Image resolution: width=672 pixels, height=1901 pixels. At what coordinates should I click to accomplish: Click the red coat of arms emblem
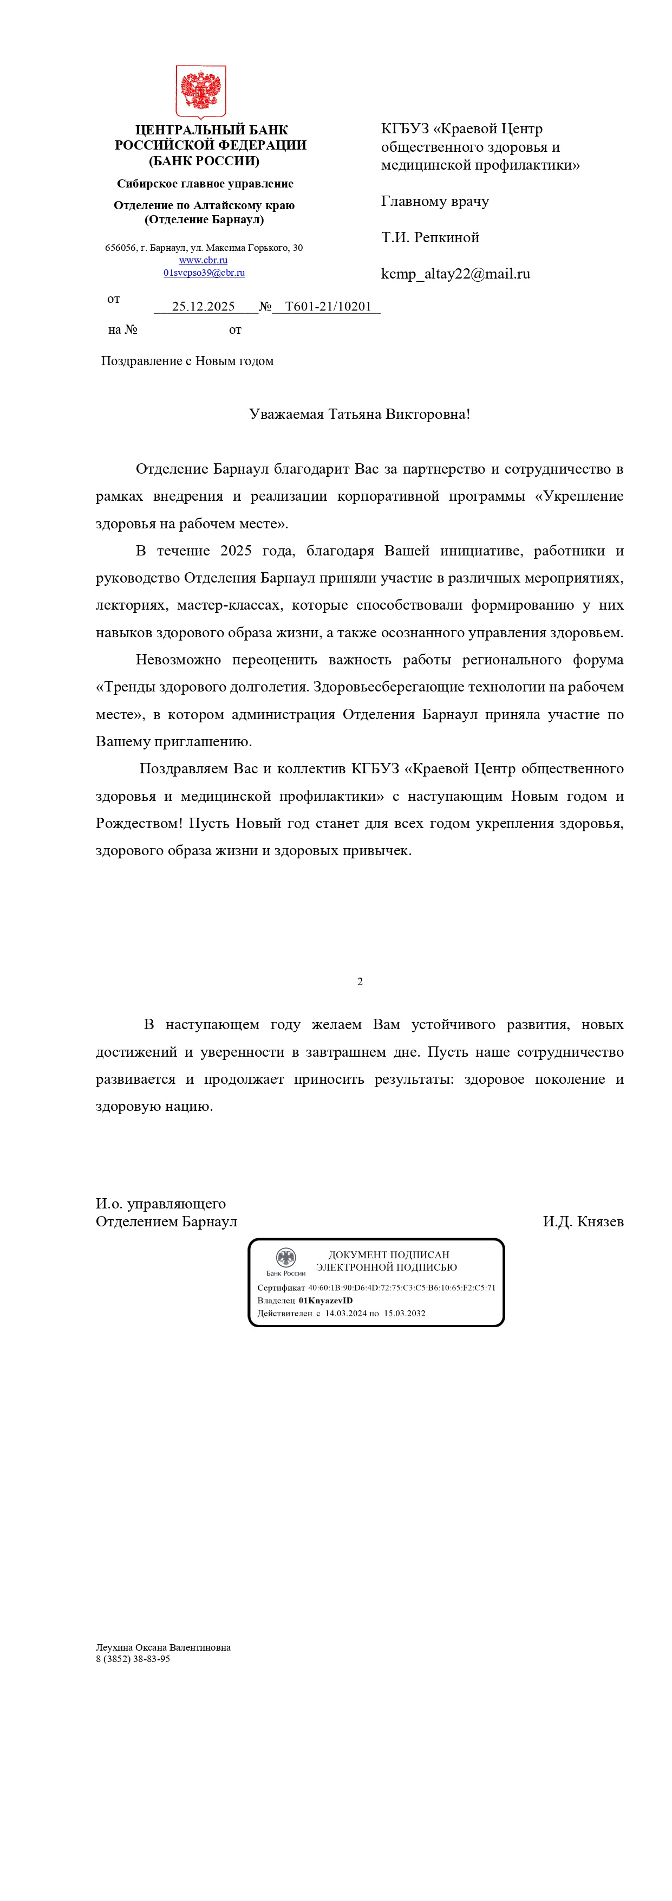click(x=201, y=92)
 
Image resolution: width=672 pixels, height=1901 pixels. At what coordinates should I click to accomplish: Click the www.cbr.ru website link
click(x=203, y=260)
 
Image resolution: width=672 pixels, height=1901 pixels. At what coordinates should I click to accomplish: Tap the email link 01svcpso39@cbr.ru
click(x=204, y=273)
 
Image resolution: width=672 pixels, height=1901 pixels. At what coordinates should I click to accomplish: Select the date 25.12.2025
click(x=203, y=306)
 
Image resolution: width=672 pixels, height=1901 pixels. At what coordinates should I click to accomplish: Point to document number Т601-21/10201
click(x=328, y=306)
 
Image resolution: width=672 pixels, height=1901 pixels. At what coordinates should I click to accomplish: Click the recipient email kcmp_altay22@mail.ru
click(x=455, y=274)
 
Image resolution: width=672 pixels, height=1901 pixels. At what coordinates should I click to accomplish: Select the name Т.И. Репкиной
click(x=430, y=237)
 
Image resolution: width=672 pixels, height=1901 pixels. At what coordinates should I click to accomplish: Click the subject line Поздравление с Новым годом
click(x=187, y=361)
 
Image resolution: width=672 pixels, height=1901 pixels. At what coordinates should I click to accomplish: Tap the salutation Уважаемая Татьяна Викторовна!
click(x=359, y=414)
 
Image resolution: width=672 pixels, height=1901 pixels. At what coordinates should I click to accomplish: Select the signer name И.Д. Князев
click(x=583, y=1221)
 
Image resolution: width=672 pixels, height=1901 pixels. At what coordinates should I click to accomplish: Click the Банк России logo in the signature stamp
click(x=285, y=1261)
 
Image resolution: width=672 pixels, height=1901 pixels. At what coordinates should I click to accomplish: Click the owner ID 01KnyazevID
click(x=325, y=1300)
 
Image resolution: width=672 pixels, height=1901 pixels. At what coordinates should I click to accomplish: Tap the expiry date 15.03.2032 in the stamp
click(x=404, y=1313)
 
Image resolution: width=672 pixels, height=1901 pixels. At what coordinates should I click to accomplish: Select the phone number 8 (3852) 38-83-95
click(x=133, y=1658)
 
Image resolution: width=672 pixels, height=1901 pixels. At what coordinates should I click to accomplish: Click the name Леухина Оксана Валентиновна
click(x=163, y=1647)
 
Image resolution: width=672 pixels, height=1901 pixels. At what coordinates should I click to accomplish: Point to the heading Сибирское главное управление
click(x=205, y=184)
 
